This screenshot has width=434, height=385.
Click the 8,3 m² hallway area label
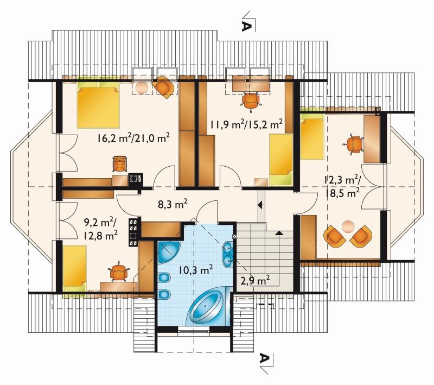[173, 204]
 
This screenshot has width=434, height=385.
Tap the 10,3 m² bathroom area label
[195, 269]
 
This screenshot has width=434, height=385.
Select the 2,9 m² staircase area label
[255, 281]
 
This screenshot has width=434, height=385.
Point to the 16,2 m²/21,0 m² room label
[133, 138]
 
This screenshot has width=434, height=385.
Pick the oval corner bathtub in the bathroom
[208, 307]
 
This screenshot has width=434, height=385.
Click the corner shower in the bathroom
[168, 252]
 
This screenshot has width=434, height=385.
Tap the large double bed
[98, 107]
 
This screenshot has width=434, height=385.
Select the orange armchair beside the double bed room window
[164, 87]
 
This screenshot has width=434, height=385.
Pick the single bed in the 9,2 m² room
[74, 267]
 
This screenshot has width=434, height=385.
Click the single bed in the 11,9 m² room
[281, 159]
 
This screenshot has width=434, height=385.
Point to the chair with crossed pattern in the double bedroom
[120, 163]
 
